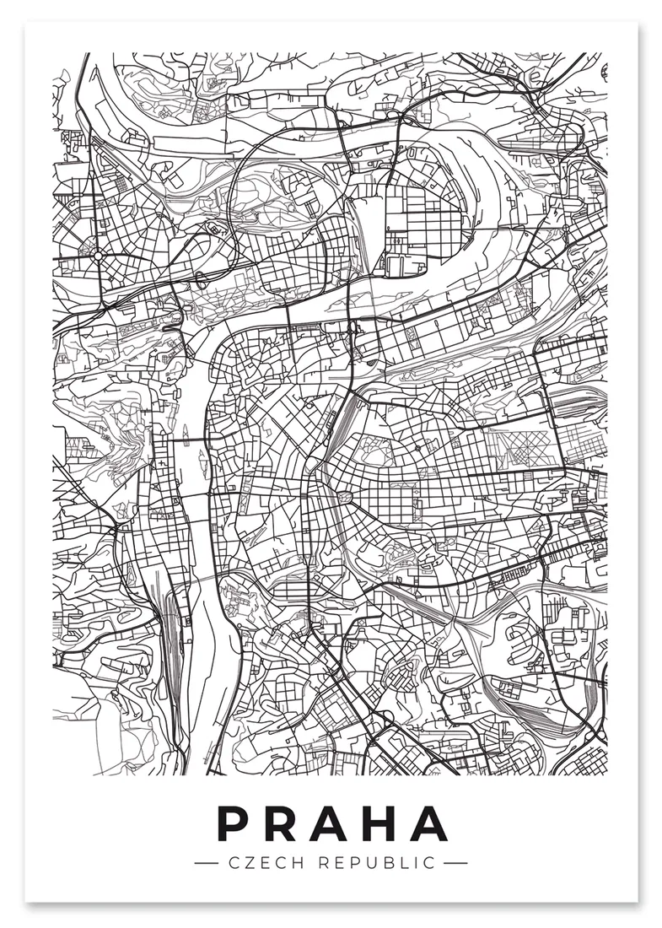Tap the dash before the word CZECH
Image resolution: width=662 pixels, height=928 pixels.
207,863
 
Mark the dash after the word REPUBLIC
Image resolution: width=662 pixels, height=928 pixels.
455,863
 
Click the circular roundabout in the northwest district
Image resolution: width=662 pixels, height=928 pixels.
99,254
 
